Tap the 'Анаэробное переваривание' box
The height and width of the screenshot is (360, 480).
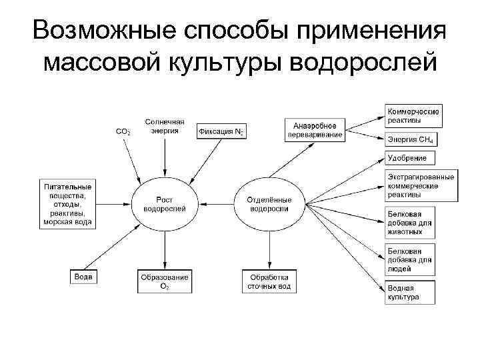tap(315, 130)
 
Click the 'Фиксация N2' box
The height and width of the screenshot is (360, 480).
tap(221, 132)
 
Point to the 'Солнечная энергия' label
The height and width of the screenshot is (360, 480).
tap(165, 127)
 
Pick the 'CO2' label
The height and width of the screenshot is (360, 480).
tap(123, 132)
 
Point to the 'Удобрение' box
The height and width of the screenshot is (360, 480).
tap(410, 159)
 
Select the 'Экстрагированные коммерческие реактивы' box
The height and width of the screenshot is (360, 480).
tap(421, 187)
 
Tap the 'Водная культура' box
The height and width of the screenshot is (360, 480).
tap(411, 292)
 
